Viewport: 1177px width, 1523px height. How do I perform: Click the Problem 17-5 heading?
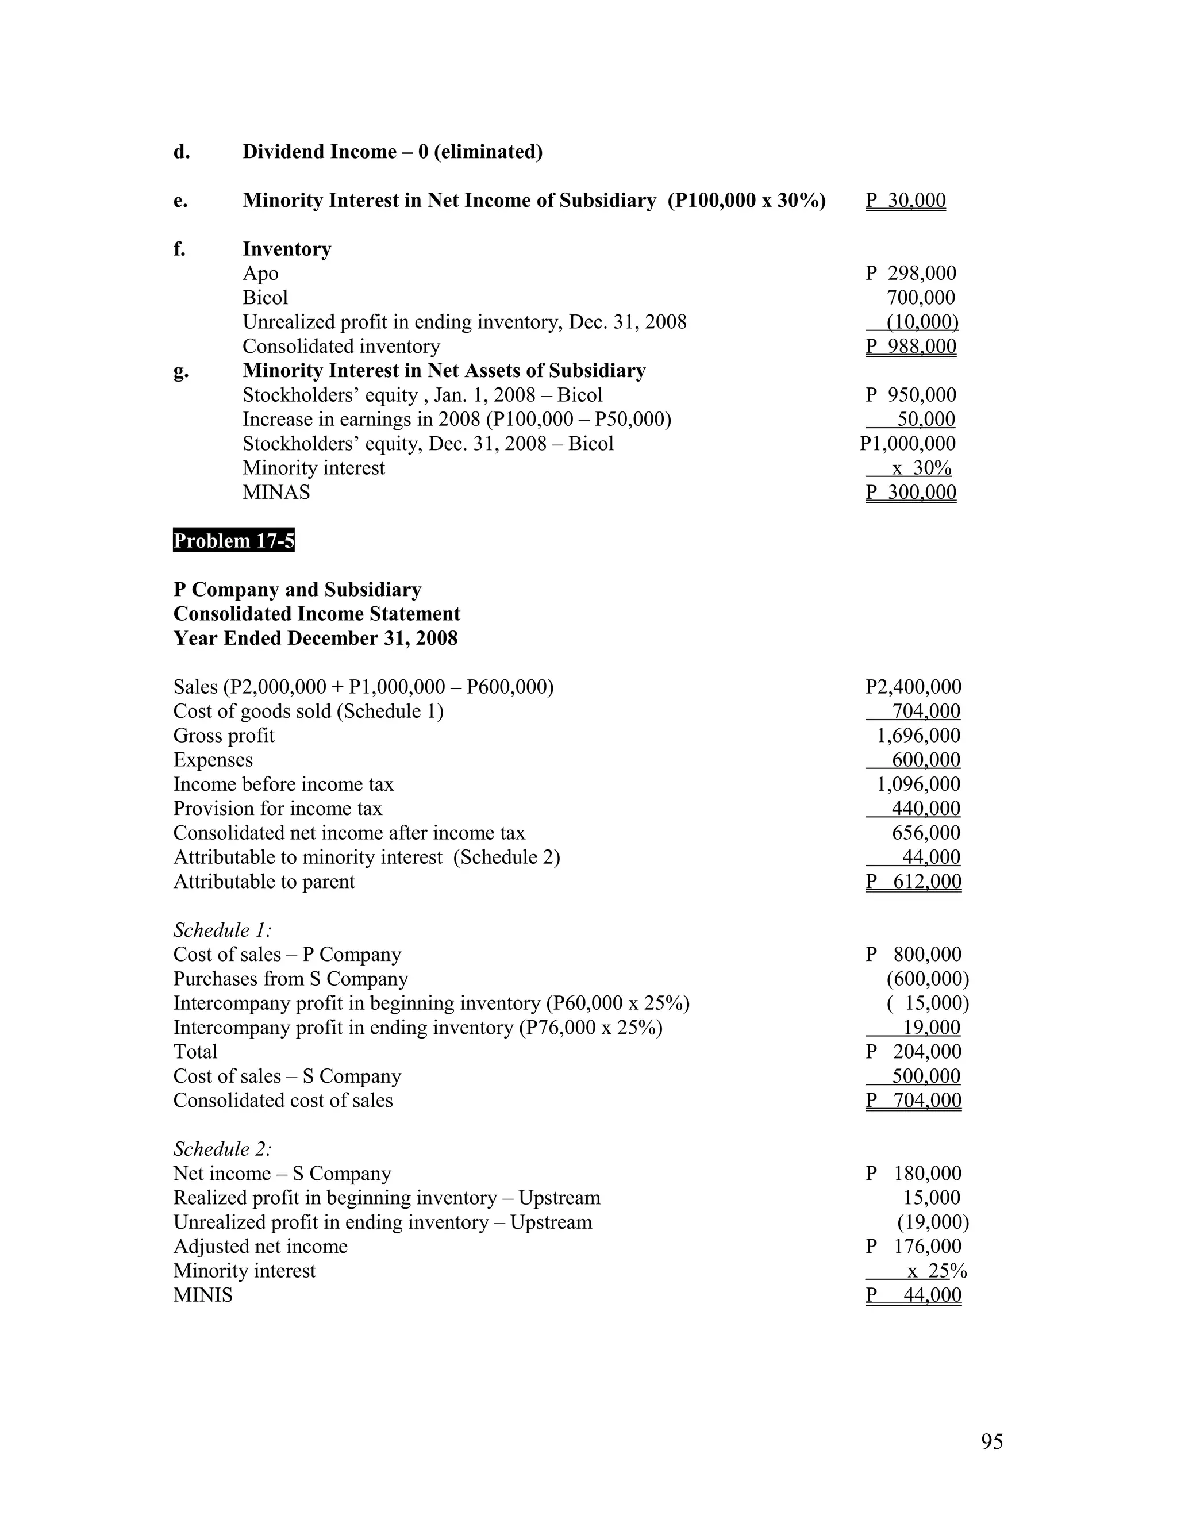233,540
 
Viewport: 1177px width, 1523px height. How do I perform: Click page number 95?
991,1441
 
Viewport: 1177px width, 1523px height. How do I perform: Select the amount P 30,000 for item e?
905,201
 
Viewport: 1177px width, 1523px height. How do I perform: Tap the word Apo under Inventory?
260,274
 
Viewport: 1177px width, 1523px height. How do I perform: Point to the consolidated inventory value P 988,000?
911,347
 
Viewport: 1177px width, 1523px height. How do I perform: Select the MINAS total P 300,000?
911,493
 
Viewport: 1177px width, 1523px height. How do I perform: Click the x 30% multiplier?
921,468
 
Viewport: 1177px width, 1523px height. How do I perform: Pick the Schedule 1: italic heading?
222,930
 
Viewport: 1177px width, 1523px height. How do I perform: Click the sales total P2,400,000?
913,687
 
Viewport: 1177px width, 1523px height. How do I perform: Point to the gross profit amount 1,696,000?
918,736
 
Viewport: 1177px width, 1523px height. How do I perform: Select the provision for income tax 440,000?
925,809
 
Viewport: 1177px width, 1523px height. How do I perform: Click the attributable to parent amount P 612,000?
913,882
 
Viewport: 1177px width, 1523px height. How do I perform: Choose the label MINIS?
203,1295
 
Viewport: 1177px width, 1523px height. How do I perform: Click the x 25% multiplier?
936,1271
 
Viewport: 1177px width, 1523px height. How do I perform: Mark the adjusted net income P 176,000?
913,1246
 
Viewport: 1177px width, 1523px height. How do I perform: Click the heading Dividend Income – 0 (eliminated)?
392,152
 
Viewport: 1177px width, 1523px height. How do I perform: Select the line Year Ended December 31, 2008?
315,638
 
